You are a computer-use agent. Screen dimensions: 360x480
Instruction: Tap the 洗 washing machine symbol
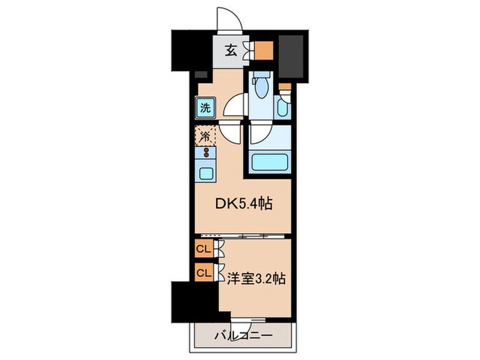[205, 108]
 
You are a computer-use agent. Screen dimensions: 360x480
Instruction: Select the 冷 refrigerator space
[205, 135]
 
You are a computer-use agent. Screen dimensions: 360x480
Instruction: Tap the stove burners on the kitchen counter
[205, 152]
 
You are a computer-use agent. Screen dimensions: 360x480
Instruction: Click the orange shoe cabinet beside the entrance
[265, 51]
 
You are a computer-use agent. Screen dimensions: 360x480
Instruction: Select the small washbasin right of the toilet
[283, 108]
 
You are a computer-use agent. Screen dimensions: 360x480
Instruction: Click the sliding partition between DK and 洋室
[254, 235]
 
